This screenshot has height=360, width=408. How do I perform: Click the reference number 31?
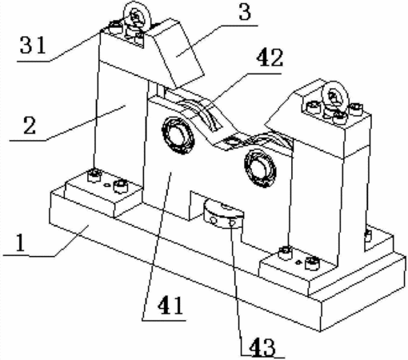click(33, 46)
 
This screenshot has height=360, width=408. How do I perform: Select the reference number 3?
click(245, 12)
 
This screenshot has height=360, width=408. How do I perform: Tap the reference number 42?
click(270, 58)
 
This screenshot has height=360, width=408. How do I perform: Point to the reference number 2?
click(30, 126)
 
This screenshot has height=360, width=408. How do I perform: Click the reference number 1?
click(21, 242)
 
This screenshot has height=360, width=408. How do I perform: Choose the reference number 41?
click(170, 306)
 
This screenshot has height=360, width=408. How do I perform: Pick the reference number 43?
click(262, 347)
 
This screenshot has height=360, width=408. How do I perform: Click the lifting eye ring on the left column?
click(137, 15)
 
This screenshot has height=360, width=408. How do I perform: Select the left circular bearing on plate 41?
click(178, 136)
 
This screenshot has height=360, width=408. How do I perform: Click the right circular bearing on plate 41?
click(260, 167)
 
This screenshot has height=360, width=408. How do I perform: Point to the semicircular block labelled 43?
click(223, 215)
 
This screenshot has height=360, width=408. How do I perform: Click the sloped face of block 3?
click(179, 54)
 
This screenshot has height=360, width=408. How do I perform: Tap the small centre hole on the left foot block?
click(107, 185)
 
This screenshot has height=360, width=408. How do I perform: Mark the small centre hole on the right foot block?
click(298, 262)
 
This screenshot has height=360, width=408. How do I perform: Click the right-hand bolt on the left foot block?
click(121, 186)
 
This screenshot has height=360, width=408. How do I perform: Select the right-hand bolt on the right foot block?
click(312, 262)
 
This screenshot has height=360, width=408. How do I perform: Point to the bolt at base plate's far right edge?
click(368, 234)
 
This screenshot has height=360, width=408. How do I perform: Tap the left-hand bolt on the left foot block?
click(94, 175)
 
